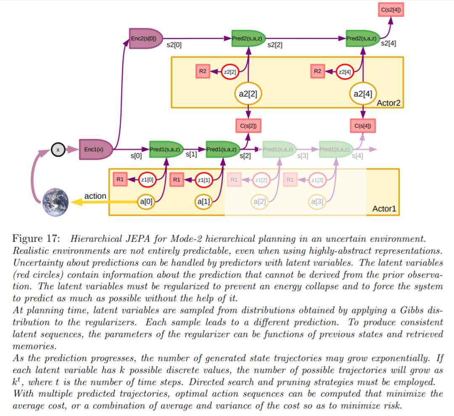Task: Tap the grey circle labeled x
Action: coord(58,149)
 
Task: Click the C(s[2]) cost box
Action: coord(248,126)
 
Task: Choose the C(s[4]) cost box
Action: coord(362,126)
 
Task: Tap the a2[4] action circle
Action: coord(362,94)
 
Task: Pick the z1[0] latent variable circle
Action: coord(148,180)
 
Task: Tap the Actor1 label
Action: coord(384,209)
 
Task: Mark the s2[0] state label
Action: coord(174,45)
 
